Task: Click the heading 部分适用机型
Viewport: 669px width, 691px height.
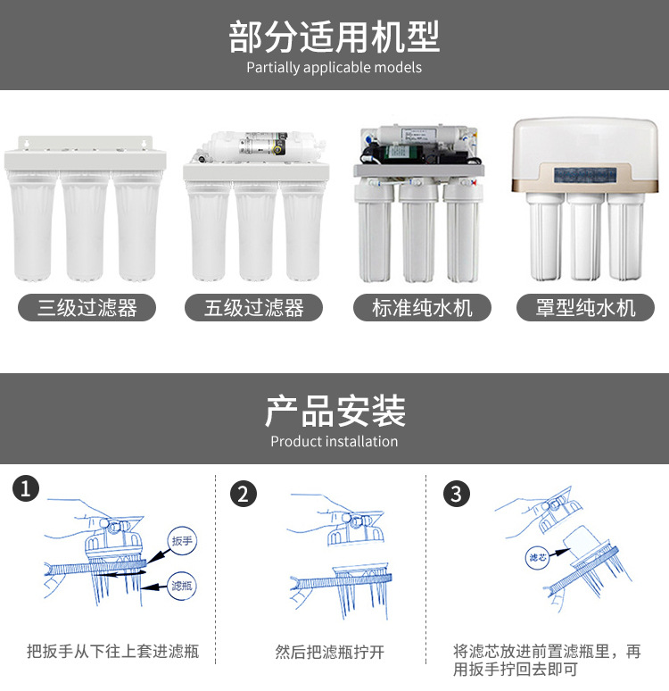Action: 334,37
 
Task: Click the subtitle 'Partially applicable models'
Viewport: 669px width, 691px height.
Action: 334,68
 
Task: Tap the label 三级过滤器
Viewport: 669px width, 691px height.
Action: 87,308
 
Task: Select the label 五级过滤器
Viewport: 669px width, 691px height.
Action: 253,308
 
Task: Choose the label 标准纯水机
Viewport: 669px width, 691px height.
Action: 422,308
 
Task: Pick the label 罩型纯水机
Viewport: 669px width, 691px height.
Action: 585,308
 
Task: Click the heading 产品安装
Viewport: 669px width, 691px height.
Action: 334,412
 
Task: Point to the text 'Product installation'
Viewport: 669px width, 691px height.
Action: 334,442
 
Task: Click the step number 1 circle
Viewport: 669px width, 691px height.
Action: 26,488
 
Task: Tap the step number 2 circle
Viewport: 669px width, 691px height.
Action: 244,494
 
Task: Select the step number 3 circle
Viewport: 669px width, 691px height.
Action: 457,494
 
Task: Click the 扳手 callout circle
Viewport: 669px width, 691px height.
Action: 182,541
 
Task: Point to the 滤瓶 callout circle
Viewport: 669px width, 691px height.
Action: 182,586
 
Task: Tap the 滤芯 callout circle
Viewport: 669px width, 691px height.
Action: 538,558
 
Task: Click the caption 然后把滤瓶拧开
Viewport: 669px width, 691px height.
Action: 330,652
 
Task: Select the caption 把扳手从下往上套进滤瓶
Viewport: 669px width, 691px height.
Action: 112,652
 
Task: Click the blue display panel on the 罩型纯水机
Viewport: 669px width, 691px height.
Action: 585,175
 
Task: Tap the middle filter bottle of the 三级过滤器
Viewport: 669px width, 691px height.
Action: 85,227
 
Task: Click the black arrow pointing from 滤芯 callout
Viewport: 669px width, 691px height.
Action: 560,552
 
